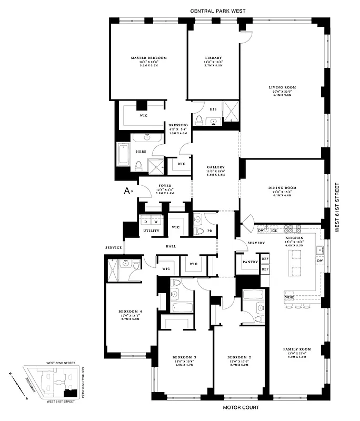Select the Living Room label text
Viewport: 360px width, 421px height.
(281, 87)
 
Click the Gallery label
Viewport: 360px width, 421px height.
(216, 167)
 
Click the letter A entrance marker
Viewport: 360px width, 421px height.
(127, 192)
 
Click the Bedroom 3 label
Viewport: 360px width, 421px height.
(184, 358)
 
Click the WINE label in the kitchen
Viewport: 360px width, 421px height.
(289, 298)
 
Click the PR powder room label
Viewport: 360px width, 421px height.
(210, 230)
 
